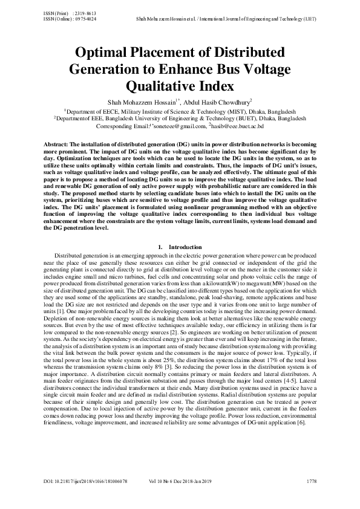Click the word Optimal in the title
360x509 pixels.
(x=99, y=52)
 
